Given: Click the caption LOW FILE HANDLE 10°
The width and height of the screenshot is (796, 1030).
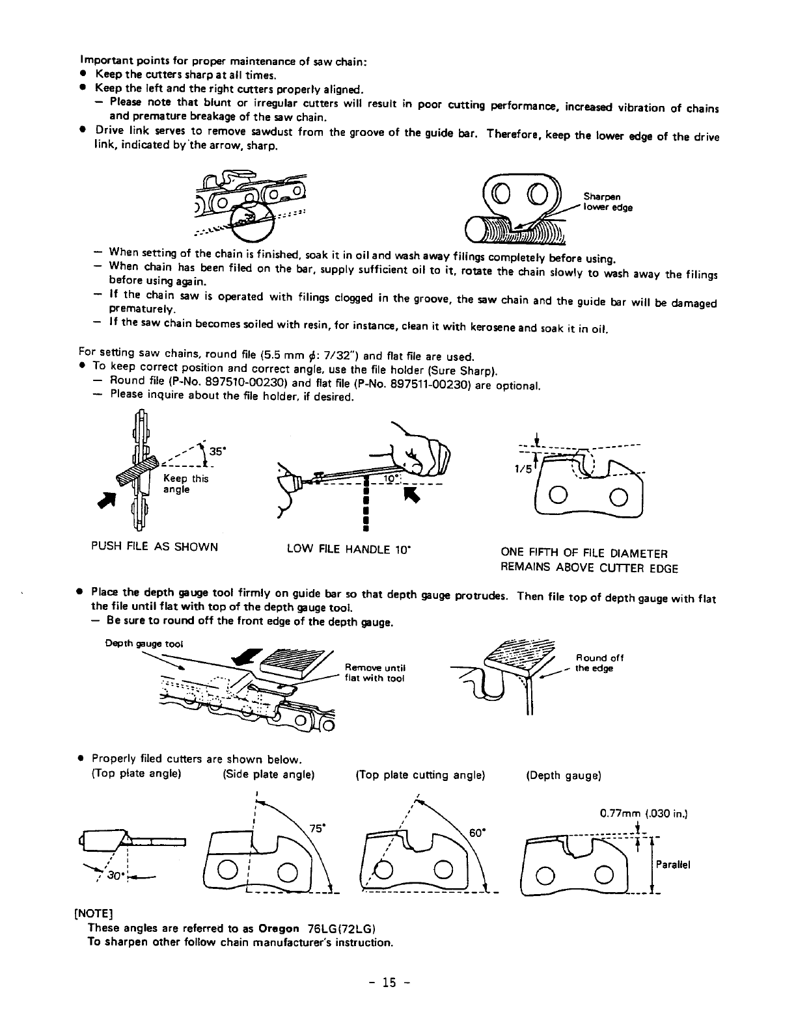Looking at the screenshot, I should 351,548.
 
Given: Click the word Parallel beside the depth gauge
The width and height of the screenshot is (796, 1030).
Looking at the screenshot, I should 672,864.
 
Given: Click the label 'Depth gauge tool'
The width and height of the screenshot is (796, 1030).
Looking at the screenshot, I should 144,644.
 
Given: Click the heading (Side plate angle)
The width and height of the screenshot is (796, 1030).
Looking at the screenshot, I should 269,774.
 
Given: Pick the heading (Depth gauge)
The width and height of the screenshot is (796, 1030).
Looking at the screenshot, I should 564,776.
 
